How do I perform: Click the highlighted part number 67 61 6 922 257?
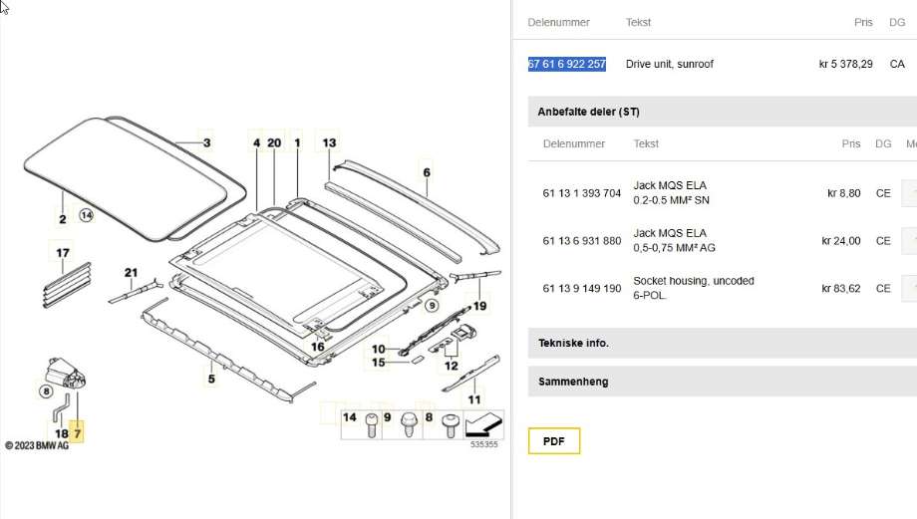567,64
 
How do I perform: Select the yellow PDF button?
554,440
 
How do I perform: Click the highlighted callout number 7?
77,433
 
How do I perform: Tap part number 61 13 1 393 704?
581,193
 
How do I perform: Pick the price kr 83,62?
841,288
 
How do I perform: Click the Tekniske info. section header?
573,343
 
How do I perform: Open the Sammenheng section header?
573,382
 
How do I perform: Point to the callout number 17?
63,253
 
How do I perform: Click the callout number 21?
131,272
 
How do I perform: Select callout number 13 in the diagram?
329,142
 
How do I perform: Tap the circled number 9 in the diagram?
432,305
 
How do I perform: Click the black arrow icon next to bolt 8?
483,424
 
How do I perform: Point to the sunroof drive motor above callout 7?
66,374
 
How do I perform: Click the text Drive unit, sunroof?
669,64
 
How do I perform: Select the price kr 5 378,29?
845,64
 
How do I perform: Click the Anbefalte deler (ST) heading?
588,112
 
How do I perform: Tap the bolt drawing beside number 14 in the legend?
371,425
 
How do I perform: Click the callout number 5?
211,379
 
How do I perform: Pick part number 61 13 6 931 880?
581,241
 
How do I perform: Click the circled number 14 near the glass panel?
86,215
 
